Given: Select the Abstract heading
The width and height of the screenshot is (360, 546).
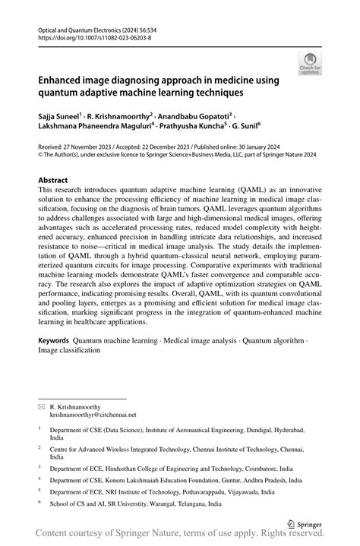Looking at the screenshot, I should [x=58, y=180].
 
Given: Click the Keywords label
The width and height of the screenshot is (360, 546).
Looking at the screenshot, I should [x=59, y=340].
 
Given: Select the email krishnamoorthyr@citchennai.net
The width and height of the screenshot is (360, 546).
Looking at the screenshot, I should [x=93, y=415].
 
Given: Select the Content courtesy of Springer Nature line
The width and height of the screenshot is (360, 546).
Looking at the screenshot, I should [x=180, y=535].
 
